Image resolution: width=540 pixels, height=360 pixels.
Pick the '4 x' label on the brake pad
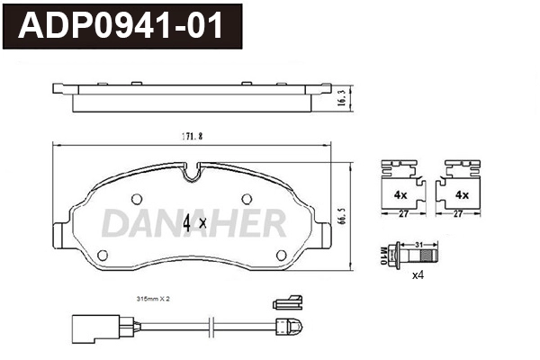[x=194, y=221]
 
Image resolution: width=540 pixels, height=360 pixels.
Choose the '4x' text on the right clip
[x=462, y=194]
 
